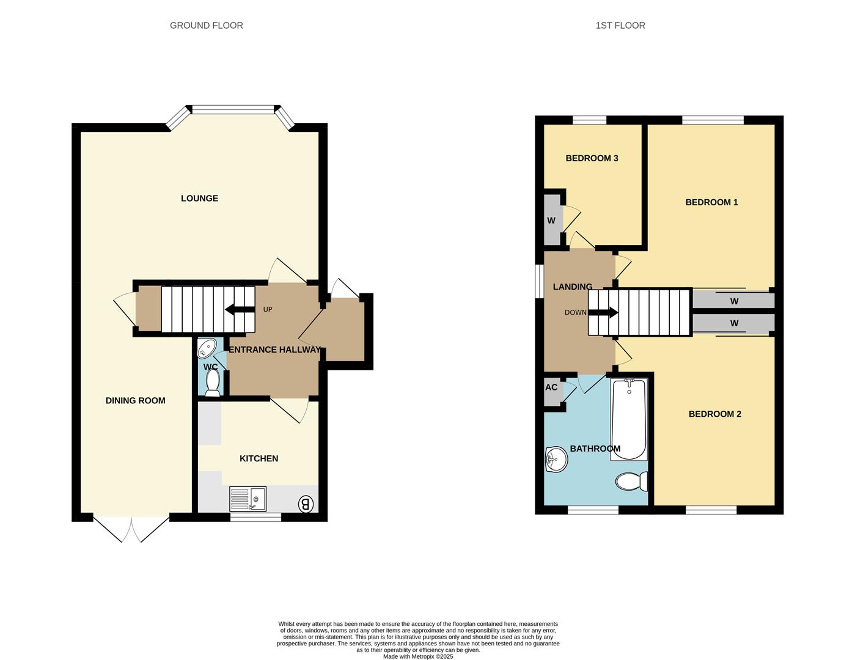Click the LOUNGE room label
coord(199,199)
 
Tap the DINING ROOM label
coord(135,401)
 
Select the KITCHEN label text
coord(259,458)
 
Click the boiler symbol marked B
coord(306,504)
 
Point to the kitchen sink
coord(248,499)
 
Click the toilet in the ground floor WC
coord(213,384)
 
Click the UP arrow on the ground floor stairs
coord(240,309)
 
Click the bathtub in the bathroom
coord(629,419)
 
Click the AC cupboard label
coord(551,387)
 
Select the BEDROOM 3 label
coord(592,158)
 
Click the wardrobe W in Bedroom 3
coord(551,221)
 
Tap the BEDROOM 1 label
coord(711,202)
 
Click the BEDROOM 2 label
coord(714,414)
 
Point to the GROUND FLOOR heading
coord(207,26)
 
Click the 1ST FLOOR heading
coord(620,26)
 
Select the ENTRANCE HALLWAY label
coord(274,350)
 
